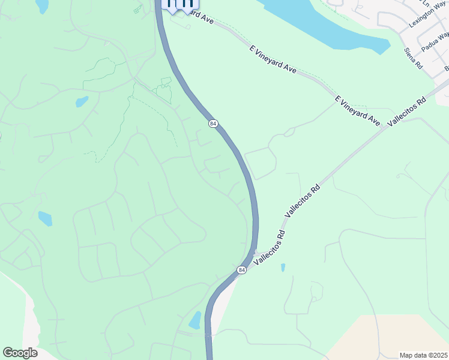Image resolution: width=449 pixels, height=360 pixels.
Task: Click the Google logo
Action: click(20, 352)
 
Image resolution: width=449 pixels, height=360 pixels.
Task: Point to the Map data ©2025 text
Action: click(424, 355)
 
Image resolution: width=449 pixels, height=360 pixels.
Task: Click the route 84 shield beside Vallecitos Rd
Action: click(241, 271)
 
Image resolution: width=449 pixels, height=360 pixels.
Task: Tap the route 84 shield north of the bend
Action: click(213, 123)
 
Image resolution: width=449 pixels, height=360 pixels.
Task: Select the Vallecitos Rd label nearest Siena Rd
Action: click(407, 111)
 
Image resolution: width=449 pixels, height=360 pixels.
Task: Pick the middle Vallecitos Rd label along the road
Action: click(303, 200)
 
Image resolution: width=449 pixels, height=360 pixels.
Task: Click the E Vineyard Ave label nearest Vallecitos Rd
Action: click(358, 110)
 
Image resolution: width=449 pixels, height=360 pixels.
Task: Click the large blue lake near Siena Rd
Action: click(324, 24)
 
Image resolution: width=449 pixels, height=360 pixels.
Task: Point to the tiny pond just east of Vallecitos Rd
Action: click(283, 267)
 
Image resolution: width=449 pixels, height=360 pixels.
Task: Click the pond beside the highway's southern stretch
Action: click(196, 320)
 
